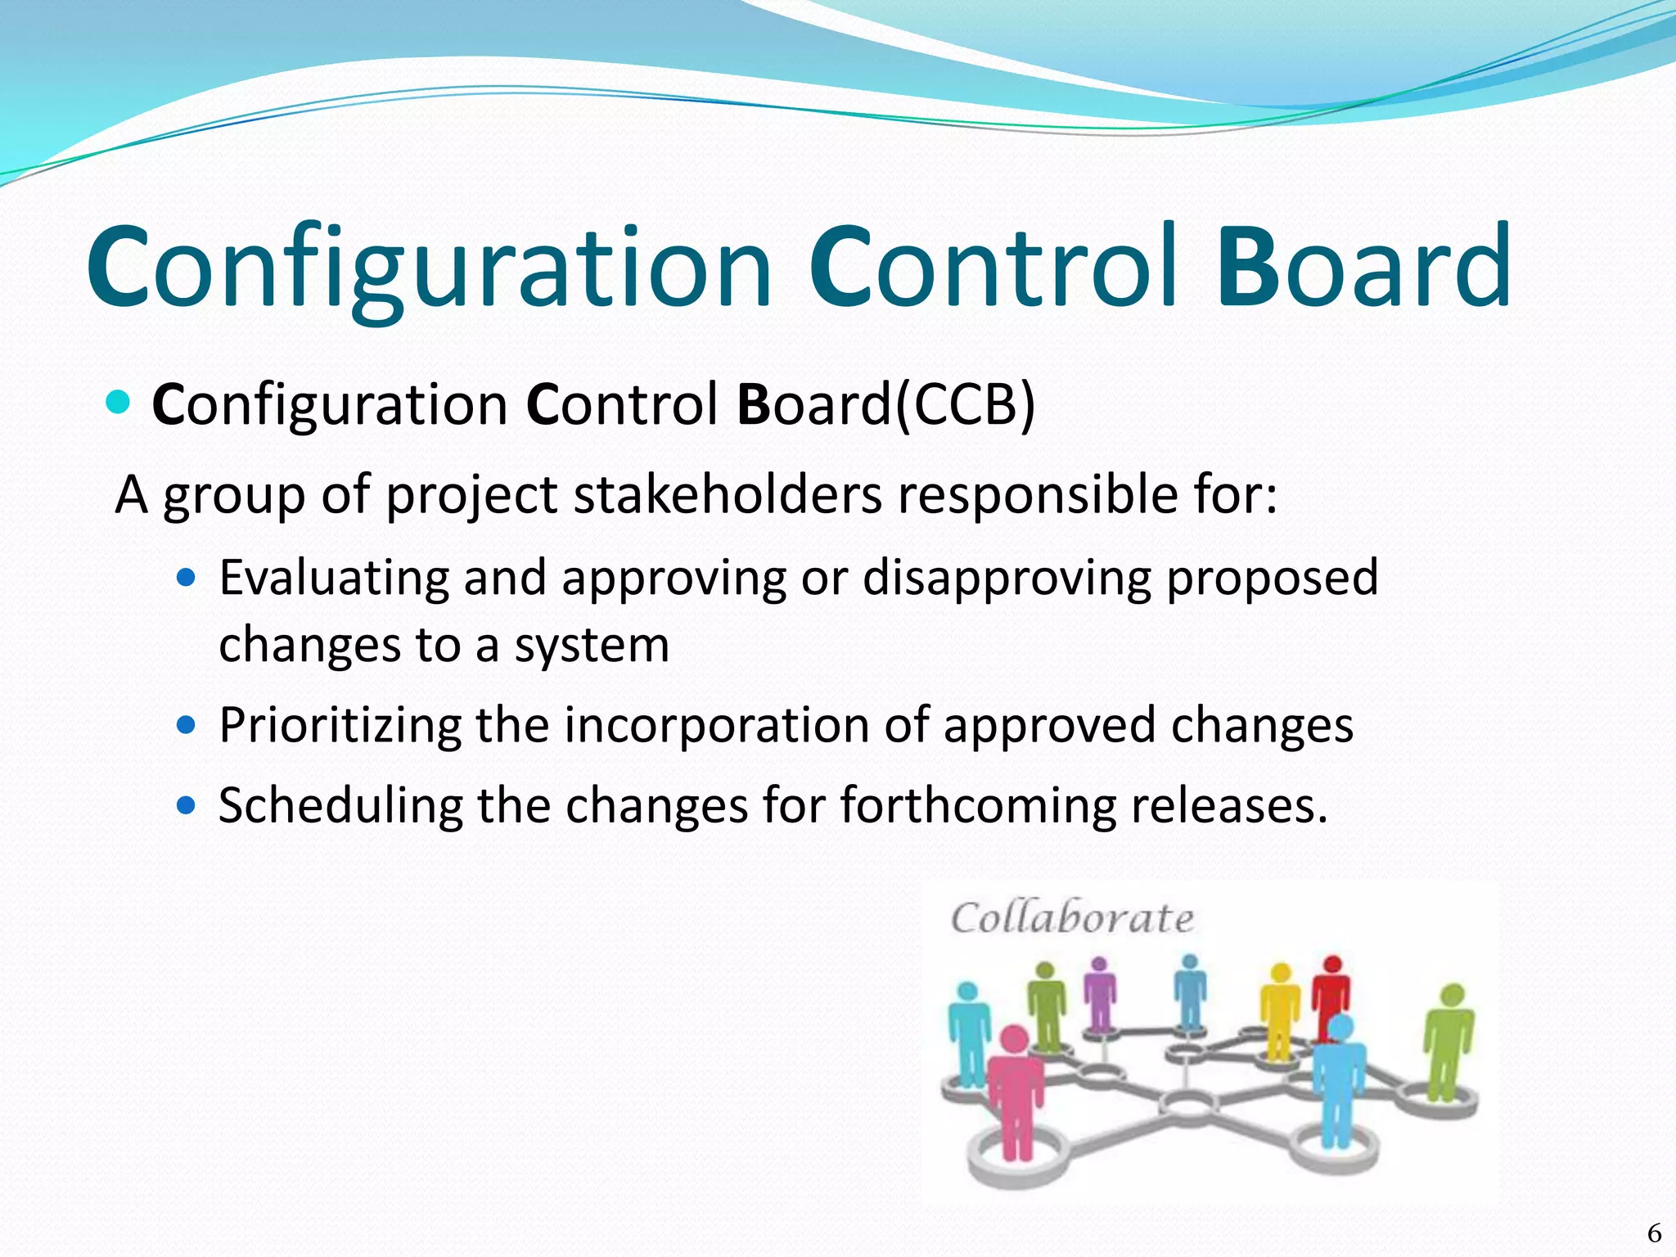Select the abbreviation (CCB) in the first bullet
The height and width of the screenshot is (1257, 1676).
pos(966,404)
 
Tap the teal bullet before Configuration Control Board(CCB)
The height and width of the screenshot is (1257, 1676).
pos(119,402)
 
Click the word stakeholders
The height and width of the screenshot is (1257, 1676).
pos(728,495)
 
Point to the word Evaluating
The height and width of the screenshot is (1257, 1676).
pos(333,578)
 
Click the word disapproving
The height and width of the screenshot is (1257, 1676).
pos(1007,578)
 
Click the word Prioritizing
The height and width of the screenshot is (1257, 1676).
pos(340,726)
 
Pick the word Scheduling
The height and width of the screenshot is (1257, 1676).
pos(340,805)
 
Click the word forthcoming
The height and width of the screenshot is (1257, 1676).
pos(978,805)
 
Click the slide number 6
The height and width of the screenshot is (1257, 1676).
pos(1654,1232)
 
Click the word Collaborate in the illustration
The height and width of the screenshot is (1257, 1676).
pos(1072,918)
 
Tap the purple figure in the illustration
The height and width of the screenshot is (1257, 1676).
pos(1100,994)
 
